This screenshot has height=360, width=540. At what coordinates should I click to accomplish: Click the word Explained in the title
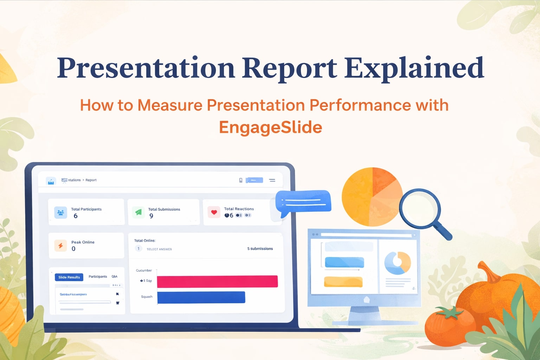[414, 68]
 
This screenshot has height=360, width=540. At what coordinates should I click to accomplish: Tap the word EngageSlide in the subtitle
[270, 127]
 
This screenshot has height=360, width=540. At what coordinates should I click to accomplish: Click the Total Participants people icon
[60, 213]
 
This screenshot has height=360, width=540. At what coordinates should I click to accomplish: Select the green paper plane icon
[139, 212]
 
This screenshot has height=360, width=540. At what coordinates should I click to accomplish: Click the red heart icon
[214, 212]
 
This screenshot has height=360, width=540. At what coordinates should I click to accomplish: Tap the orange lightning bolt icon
[60, 245]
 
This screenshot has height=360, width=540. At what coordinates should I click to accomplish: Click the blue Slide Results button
[69, 277]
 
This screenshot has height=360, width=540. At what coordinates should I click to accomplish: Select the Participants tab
[98, 277]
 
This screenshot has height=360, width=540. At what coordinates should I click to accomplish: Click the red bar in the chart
[217, 281]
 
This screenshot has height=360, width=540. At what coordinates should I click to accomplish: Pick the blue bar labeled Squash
[201, 297]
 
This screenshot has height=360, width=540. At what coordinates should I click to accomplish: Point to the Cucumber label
[144, 270]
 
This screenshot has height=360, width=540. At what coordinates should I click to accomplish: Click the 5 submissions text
[260, 249]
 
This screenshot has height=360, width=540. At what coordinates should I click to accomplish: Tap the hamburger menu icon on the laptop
[272, 180]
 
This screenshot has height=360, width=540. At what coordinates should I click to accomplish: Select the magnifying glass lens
[420, 209]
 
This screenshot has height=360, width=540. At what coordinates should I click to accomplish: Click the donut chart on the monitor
[398, 263]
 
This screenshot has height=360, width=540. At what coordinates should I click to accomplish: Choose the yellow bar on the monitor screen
[343, 282]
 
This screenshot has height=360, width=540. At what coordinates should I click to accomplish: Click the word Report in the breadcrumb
[91, 180]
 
